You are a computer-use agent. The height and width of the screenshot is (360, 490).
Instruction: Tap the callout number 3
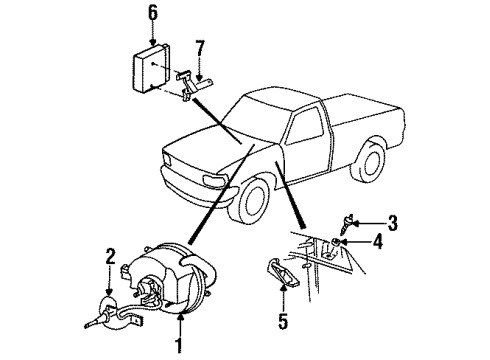[393, 223]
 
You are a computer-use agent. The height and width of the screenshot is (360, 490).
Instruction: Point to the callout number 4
[378, 241]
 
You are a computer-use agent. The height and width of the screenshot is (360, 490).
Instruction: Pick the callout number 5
[283, 321]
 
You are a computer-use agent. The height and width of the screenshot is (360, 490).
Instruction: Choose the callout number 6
[153, 13]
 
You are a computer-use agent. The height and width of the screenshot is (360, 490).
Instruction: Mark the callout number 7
[200, 48]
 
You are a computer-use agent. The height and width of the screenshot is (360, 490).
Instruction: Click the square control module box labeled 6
[151, 68]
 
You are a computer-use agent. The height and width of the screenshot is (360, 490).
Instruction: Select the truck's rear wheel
[368, 161]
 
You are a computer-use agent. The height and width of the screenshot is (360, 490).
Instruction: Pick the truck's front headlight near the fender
[214, 181]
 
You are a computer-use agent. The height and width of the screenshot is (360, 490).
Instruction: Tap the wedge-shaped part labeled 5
[283, 271]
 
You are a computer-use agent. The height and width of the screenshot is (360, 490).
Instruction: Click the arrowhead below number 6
[153, 42]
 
